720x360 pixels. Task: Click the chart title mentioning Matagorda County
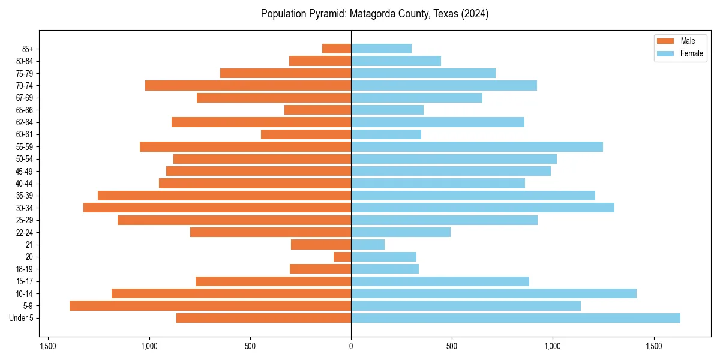[374, 14]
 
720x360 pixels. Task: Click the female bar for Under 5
[515, 318]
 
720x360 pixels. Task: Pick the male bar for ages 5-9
[210, 306]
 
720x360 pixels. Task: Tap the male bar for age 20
[342, 257]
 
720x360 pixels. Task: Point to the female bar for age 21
[368, 245]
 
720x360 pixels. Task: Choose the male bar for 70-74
[248, 86]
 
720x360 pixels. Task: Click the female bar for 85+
[381, 49]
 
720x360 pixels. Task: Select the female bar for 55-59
[477, 147]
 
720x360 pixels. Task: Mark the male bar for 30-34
[217, 208]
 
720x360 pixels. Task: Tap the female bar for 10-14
[494, 293]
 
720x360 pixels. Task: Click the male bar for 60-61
[306, 134]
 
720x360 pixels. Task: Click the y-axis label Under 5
[22, 318]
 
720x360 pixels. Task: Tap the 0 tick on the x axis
[351, 346]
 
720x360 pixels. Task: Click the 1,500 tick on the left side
[48, 346]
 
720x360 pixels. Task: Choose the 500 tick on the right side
[452, 346]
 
